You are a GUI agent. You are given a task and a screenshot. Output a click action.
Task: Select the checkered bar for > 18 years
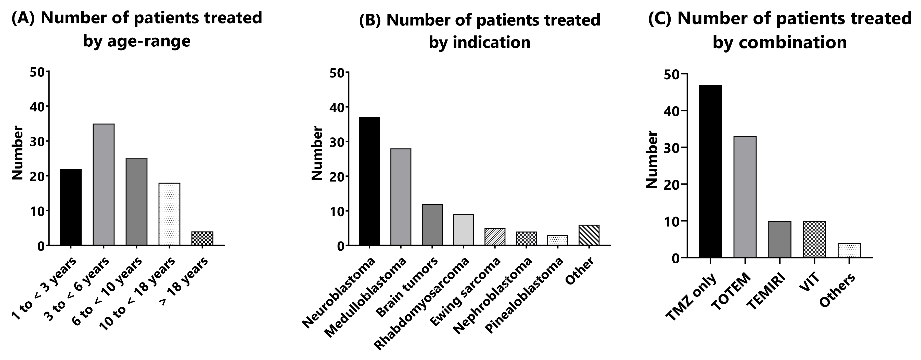coord(202,238)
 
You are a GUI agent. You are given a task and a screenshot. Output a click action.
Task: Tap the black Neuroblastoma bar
coord(370,181)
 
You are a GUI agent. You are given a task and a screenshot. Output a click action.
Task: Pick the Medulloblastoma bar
coord(401,197)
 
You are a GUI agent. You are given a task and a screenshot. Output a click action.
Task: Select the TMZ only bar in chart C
coord(710,171)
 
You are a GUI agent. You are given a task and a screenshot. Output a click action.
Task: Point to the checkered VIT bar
coord(814,239)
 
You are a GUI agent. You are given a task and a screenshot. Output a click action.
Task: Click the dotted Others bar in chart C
coord(849,250)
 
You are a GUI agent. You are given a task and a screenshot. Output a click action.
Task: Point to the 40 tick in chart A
coord(37,107)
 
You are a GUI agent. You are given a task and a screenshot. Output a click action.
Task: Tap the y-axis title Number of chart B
coord(317,153)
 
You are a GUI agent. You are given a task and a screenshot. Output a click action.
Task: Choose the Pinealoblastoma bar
coord(558,240)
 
